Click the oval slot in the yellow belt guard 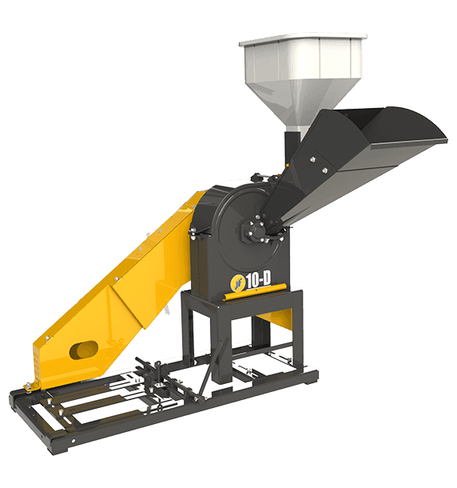84,350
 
